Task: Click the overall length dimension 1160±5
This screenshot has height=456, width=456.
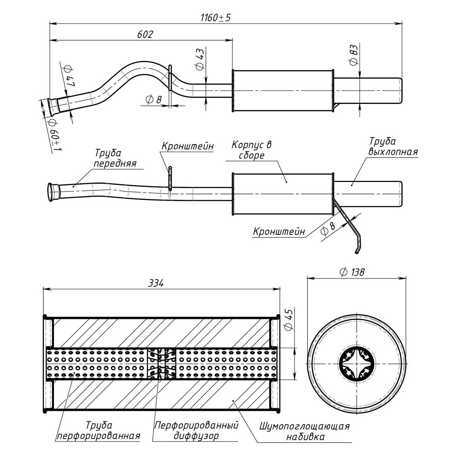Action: (x=216, y=18)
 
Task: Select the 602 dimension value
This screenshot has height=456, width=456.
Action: (x=145, y=34)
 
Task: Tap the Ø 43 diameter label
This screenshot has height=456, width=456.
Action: (x=200, y=59)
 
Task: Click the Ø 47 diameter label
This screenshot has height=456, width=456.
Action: (x=69, y=76)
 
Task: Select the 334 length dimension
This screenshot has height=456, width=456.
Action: (x=156, y=283)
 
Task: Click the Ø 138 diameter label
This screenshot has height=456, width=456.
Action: (x=352, y=272)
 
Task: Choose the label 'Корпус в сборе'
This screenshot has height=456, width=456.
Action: (x=251, y=150)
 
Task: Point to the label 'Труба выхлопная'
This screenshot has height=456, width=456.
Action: (x=393, y=147)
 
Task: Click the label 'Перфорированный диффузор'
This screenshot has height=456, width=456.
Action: (x=196, y=431)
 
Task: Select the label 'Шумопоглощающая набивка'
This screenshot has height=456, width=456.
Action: (x=305, y=432)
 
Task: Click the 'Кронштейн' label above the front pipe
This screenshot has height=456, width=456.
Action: (x=187, y=146)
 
